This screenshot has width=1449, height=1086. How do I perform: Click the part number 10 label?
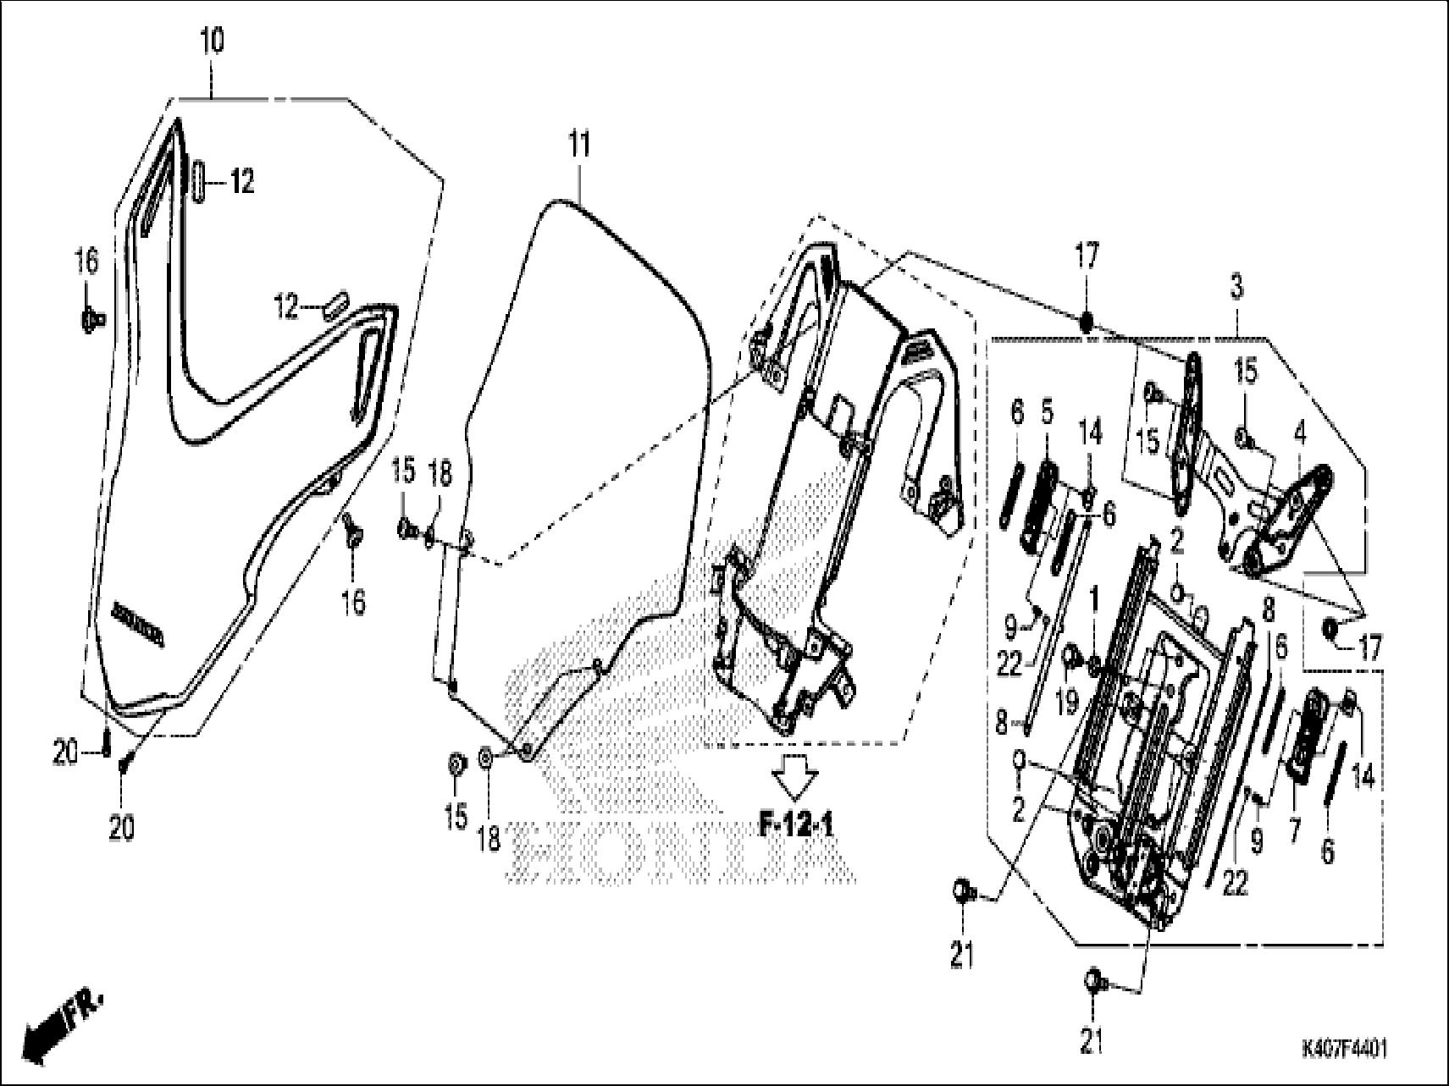tap(212, 41)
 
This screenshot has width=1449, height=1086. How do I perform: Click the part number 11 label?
tap(578, 145)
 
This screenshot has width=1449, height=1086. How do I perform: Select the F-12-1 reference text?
tap(795, 824)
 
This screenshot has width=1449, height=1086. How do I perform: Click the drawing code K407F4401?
tap(1344, 1050)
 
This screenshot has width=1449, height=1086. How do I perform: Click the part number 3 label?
tap(1236, 289)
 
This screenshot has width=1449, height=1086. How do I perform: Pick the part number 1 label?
tap(1093, 602)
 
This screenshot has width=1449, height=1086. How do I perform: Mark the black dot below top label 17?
tap(1087, 321)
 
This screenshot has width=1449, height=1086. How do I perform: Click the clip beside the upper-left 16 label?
tap(91, 319)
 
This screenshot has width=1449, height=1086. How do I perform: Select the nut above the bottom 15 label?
tap(455, 764)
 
